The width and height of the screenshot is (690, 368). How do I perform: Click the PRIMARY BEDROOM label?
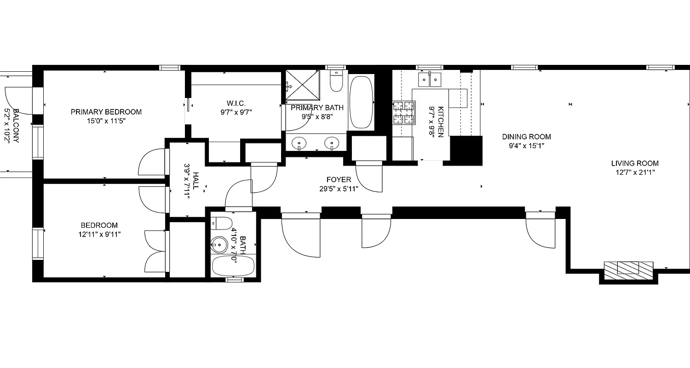106,112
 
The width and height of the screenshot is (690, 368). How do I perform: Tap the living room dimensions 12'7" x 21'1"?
634,172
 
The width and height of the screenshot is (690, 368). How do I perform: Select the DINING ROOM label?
526,137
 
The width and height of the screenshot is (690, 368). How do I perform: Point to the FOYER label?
339,179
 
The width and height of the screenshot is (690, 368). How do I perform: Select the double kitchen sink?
429,80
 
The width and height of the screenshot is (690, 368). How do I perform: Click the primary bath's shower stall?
302,85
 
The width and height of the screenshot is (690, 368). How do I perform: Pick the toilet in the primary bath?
336,82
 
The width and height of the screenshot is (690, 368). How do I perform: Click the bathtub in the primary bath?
361,102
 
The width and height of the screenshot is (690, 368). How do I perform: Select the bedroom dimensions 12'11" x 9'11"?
99,234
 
